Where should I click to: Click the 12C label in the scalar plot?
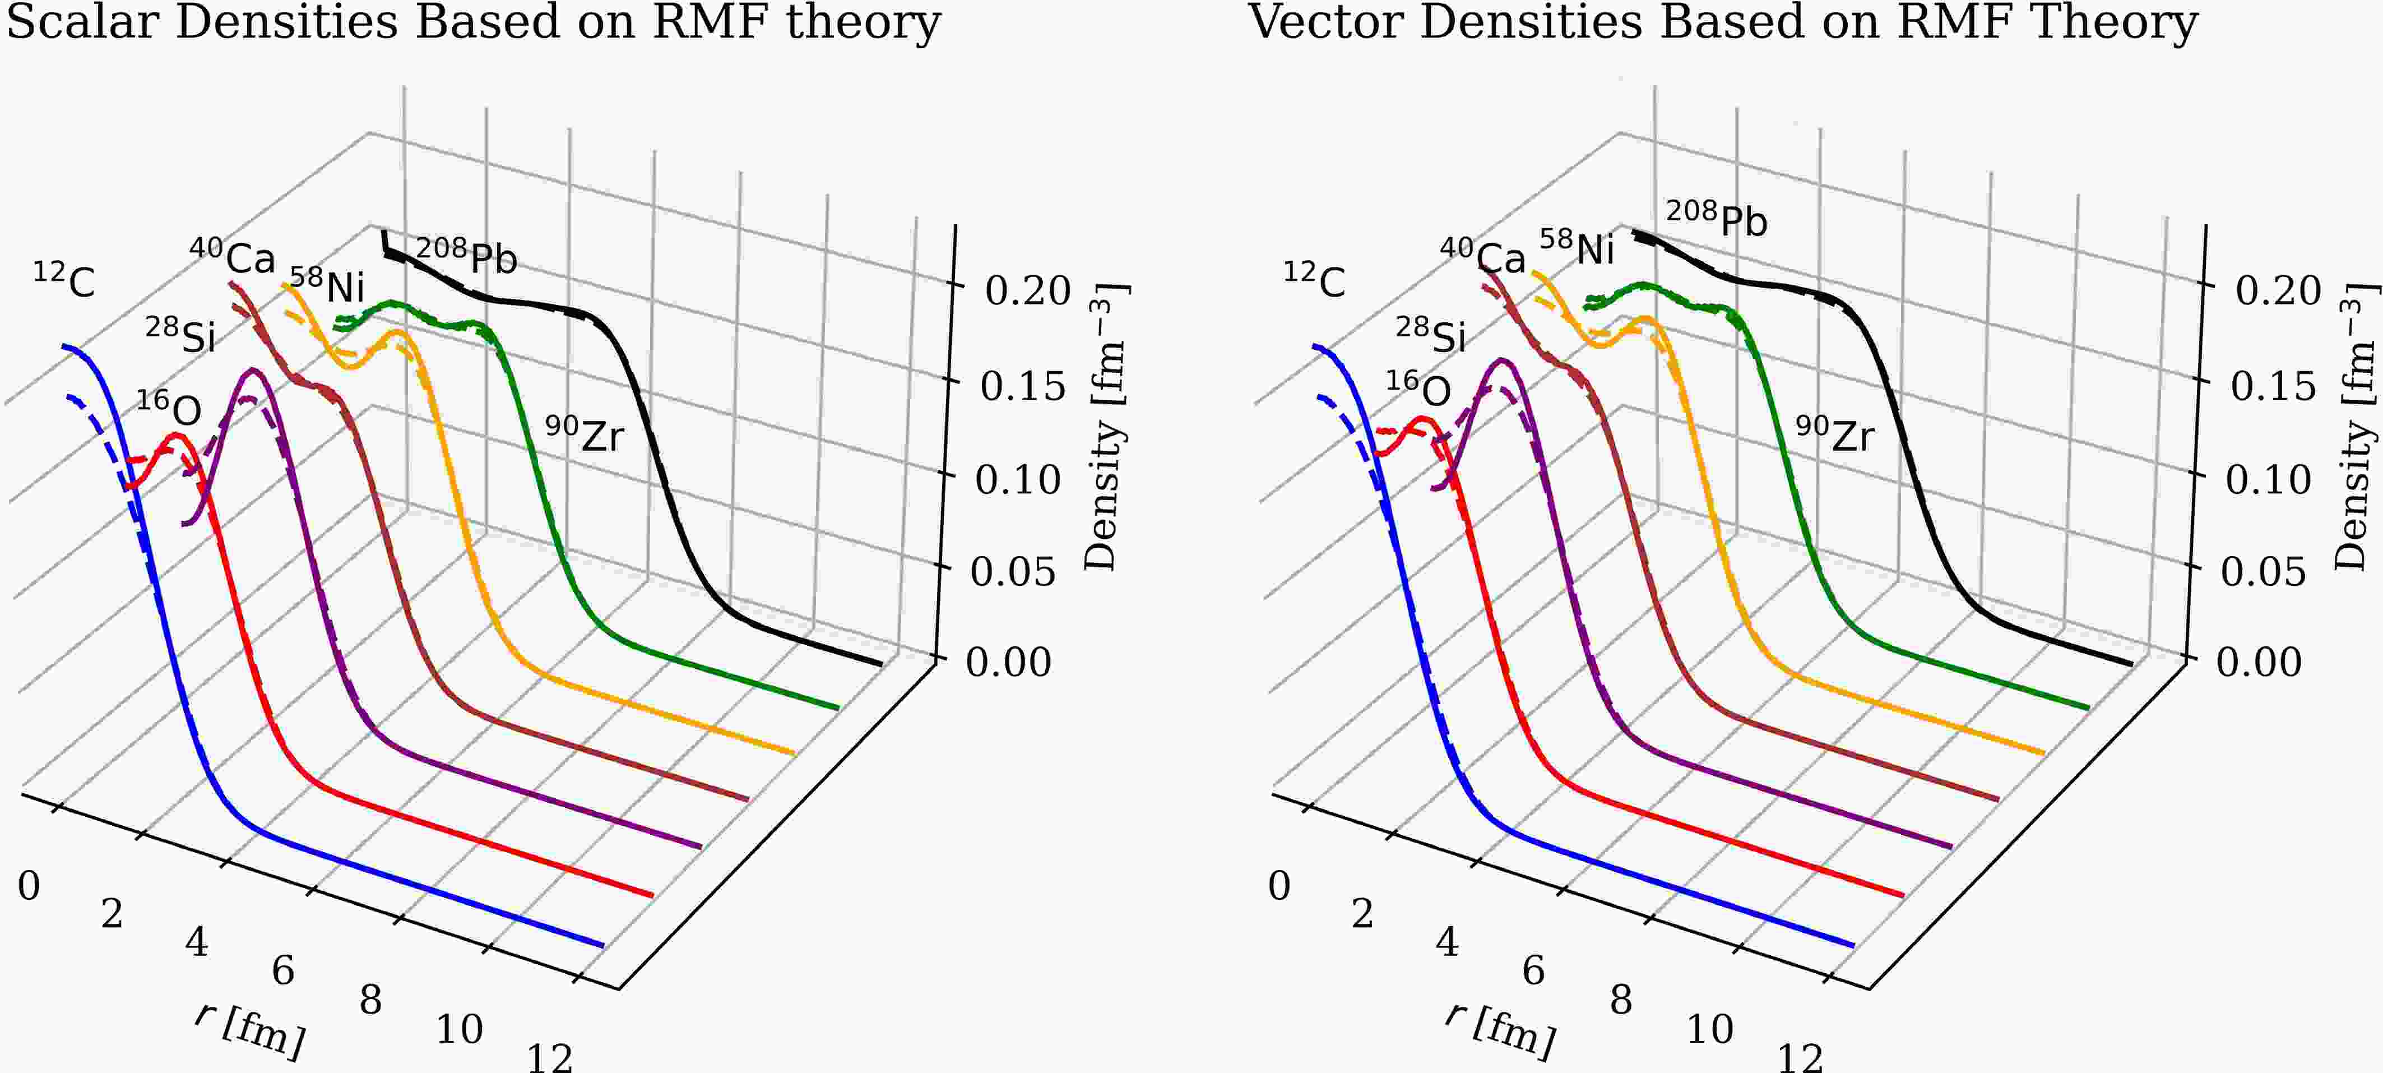coord(65,280)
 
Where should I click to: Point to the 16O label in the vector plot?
coord(1418,390)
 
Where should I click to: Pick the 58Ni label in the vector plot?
coord(1577,248)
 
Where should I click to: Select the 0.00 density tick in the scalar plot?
coord(1008,662)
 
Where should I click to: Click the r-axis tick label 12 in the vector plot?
coord(1800,1057)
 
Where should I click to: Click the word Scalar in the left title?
coord(84,22)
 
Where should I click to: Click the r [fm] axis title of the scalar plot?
coord(250,1029)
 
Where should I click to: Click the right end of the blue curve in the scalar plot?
coord(603,945)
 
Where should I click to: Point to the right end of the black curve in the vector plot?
coord(2130,663)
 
